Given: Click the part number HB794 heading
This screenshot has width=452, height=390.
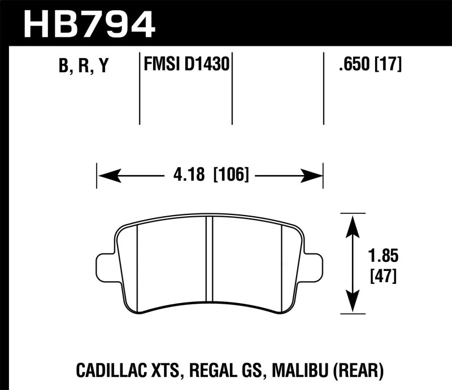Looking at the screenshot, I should pyautogui.click(x=89, y=23).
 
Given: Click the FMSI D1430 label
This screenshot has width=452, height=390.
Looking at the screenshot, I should pyautogui.click(x=186, y=65).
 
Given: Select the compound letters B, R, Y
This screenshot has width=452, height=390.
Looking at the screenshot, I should pyautogui.click(x=82, y=67).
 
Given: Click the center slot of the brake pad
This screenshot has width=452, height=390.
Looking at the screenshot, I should pyautogui.click(x=209, y=260).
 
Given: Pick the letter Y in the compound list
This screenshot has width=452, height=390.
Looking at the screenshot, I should pyautogui.click(x=103, y=67).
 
